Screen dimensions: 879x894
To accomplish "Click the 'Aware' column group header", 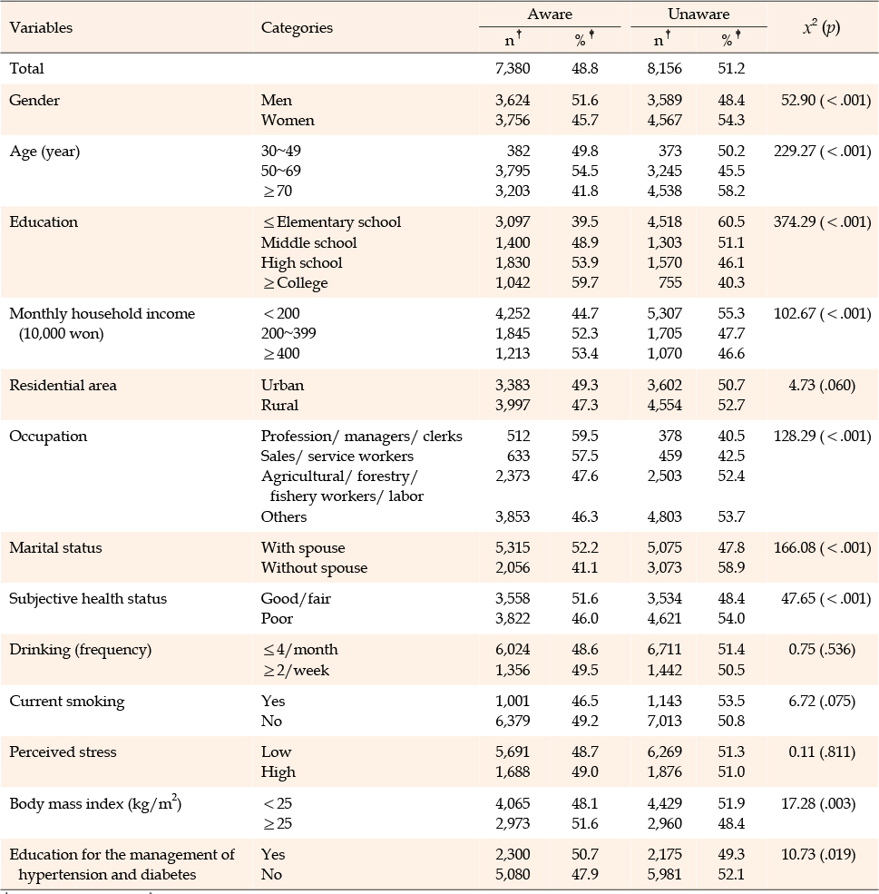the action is pos(549,14).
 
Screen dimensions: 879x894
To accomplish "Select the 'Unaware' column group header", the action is pos(698,14).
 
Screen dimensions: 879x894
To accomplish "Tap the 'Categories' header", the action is pos(297,27).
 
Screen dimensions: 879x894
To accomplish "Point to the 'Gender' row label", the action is pos(34,100).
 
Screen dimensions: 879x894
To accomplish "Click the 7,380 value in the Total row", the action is pos(513,68).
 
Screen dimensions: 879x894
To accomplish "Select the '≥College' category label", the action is pos(295,283).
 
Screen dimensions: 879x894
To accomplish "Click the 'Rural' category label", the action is pos(279,405).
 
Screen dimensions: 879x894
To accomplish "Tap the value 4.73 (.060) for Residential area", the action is pos(822,385).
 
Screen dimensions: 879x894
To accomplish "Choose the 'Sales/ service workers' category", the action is pos(337,456).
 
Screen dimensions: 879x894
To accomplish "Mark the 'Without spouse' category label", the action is pos(315,567).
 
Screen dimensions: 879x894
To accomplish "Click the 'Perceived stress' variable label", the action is pos(63,752).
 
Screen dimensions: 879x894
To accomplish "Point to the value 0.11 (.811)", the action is pos(822,752).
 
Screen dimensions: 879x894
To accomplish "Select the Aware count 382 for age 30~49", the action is pos(518,151).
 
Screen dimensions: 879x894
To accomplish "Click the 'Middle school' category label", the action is pos(308,242).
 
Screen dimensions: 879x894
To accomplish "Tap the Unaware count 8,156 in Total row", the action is pos(664,68).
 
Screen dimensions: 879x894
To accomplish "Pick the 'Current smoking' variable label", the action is pos(66,701).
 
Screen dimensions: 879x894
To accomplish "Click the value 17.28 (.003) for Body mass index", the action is pos(822,803).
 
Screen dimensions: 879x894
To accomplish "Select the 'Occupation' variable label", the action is pos(48,437).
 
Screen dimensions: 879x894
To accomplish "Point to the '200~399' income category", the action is pos(288,333).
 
